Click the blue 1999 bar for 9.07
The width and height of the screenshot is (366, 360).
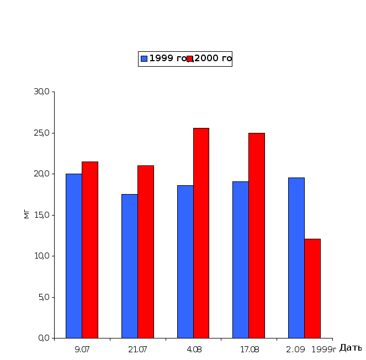pos(74,256)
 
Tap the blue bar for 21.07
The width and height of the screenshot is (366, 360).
pos(129,266)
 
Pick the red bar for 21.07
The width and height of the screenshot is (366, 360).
pos(146,251)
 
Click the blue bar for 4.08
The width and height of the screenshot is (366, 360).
pos(185,261)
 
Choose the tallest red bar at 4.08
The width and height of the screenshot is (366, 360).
pos(201,233)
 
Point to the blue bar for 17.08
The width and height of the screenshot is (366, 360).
pos(240,260)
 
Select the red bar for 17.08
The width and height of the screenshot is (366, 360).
pos(257,235)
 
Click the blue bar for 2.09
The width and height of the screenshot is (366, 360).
pos(296,257)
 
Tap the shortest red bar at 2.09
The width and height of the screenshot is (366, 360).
pos(312,288)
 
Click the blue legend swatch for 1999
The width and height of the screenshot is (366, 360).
pos(144,58)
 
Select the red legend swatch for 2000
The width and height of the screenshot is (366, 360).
pos(189,58)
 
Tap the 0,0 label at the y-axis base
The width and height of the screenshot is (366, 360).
pos(44,338)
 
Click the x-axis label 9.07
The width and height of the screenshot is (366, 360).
pos(82,349)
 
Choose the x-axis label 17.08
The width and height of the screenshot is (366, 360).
pos(248,349)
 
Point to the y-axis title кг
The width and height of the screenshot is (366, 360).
pos(26,214)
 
